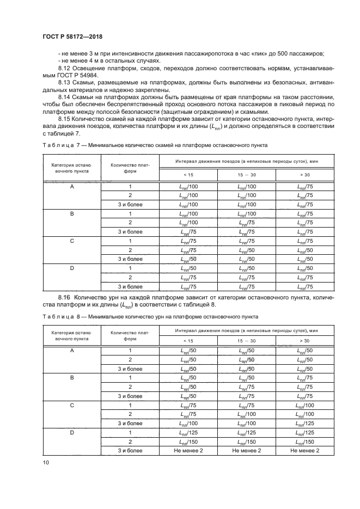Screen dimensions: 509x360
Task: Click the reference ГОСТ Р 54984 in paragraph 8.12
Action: pos(74,75)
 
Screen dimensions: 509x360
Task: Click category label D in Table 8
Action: pos(72,433)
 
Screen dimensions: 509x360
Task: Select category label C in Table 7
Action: pos(72,241)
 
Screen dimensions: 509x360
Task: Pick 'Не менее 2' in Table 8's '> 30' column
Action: pos(305,451)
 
